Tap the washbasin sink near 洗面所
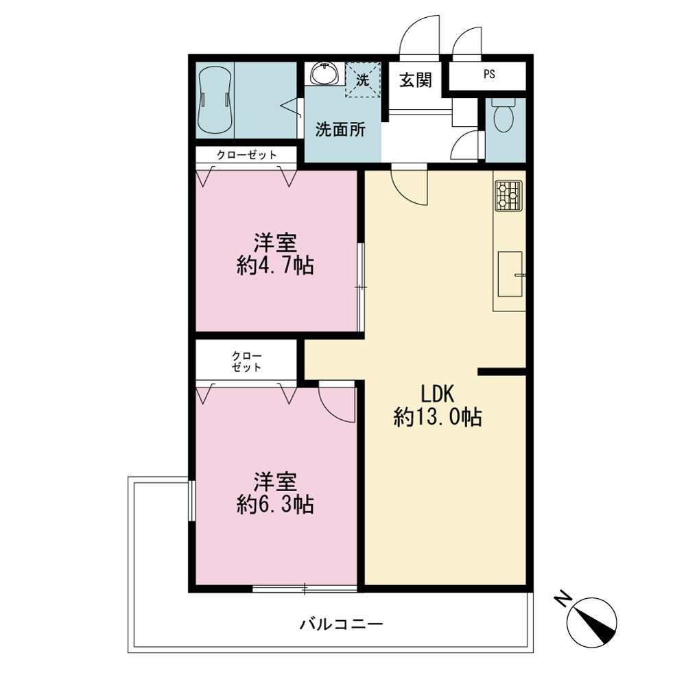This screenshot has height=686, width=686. point(324,73)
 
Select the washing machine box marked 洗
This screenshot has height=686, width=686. point(363,80)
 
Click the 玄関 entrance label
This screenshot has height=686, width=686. point(416,80)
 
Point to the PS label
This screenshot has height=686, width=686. point(489,74)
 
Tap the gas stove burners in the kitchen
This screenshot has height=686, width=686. point(509,195)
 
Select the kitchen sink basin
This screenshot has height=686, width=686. point(510,274)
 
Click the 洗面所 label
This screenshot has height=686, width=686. point(340,130)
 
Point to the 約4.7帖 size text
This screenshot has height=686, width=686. point(275,265)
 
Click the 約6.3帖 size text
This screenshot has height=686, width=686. point(275,504)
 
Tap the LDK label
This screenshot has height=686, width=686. point(438,394)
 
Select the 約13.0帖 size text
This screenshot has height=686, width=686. point(438,417)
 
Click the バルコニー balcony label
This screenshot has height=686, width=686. point(341,624)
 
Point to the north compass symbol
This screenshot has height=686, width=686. point(591,623)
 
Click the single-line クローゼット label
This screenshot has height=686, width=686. point(247,155)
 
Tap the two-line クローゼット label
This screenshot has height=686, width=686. point(247,362)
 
